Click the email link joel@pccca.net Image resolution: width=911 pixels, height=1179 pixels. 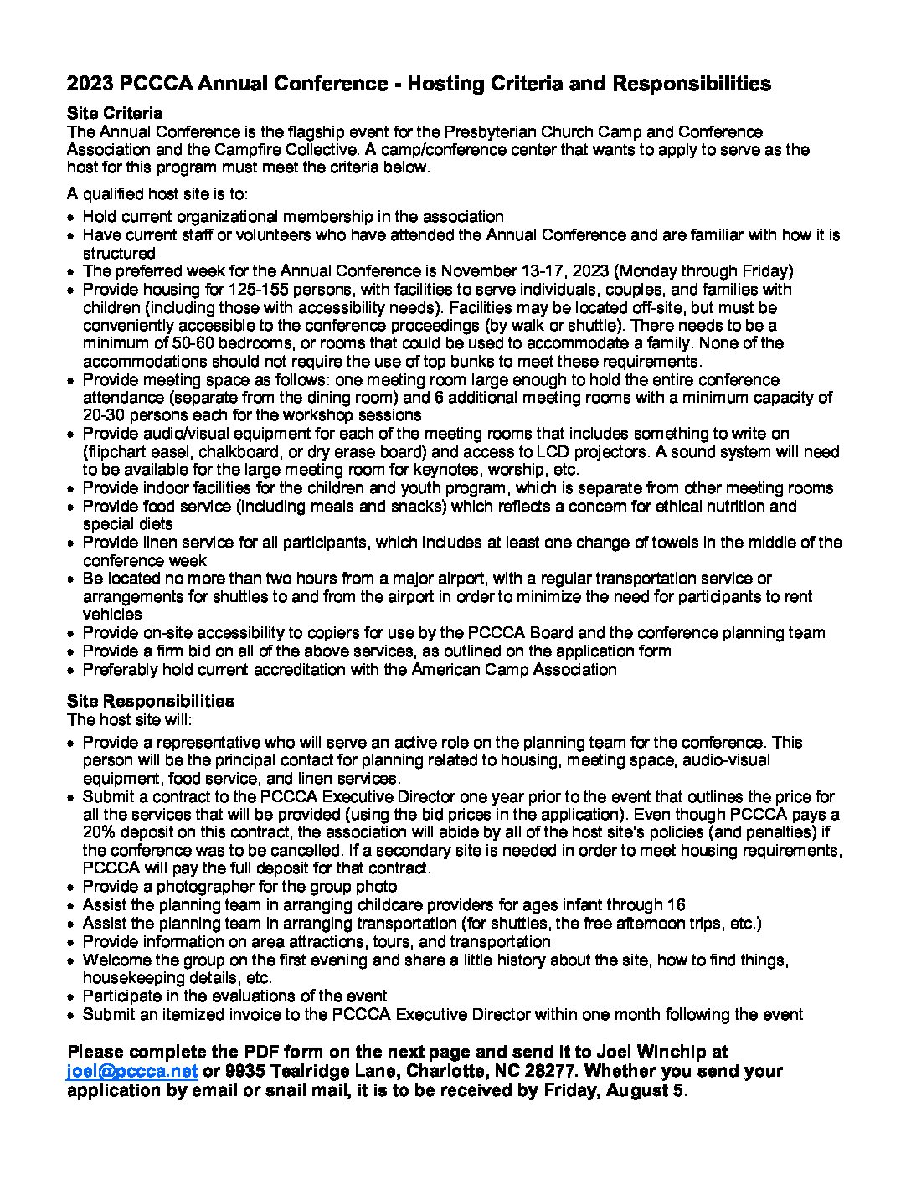point(132,1071)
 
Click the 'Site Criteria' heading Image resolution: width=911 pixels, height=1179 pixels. point(115,113)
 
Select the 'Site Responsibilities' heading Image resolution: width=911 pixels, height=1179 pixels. point(151,701)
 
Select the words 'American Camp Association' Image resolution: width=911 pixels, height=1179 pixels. point(513,669)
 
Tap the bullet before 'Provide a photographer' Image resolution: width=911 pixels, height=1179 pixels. point(73,887)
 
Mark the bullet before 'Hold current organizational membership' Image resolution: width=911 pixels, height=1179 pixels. point(73,217)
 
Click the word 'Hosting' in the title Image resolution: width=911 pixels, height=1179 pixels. point(439,84)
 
